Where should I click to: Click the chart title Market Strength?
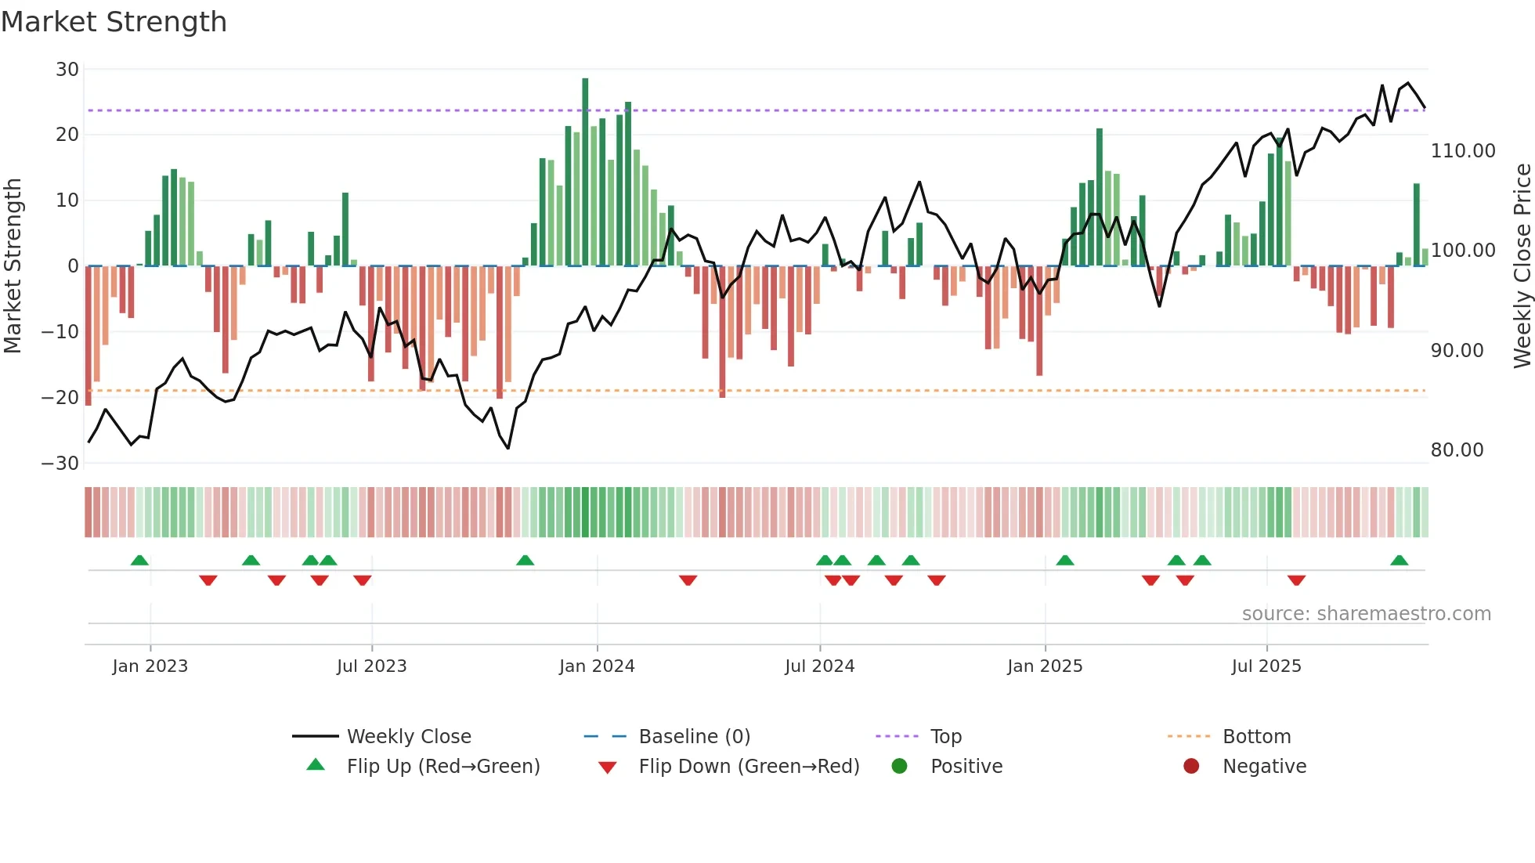[114, 22]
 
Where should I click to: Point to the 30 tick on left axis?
[67, 70]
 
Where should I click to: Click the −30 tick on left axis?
[60, 464]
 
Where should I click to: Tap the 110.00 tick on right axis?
[1462, 151]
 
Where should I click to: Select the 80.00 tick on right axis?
[1457, 450]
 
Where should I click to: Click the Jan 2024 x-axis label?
[597, 666]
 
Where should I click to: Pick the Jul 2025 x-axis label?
[1266, 666]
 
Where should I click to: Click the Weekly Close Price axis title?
[1522, 266]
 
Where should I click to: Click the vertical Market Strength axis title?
[13, 266]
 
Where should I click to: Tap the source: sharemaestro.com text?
[1366, 614]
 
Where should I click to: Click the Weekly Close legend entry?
[408, 737]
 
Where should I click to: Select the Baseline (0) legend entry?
[694, 737]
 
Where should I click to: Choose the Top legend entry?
[945, 737]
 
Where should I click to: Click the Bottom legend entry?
[1256, 737]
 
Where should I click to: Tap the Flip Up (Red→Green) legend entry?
[442, 767]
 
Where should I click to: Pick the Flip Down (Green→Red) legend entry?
[748, 767]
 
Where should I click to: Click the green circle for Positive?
[899, 767]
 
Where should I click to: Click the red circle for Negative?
[1191, 767]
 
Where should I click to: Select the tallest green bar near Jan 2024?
[585, 172]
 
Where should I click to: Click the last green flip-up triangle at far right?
[1399, 561]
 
